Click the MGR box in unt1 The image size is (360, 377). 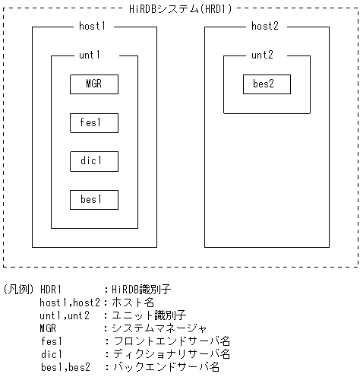click(94, 84)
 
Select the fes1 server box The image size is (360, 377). click(94, 122)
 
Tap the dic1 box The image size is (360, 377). click(94, 161)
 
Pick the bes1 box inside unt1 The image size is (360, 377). click(94, 199)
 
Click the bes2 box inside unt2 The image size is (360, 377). click(267, 84)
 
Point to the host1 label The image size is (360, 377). click(92, 27)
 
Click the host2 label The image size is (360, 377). click(265, 27)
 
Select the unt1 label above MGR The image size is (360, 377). click(90, 55)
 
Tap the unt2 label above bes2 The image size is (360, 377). click(264, 55)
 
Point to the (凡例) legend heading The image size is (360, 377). click(17, 290)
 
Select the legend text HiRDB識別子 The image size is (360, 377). click(144, 290)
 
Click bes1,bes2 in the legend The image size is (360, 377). click(65, 367)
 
